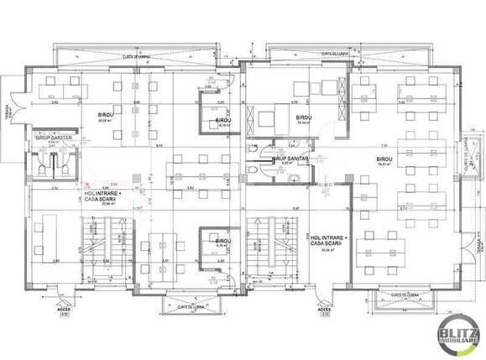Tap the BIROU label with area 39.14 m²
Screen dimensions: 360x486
[x=303, y=117]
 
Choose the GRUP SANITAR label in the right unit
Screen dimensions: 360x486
[x=290, y=158]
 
